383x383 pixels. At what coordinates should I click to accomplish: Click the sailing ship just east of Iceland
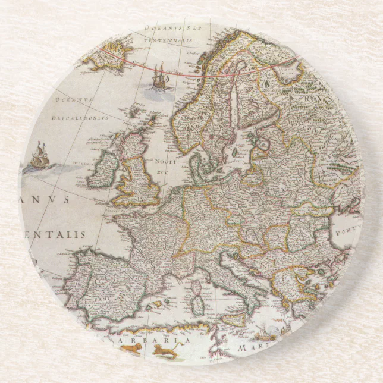click(x=159, y=76)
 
